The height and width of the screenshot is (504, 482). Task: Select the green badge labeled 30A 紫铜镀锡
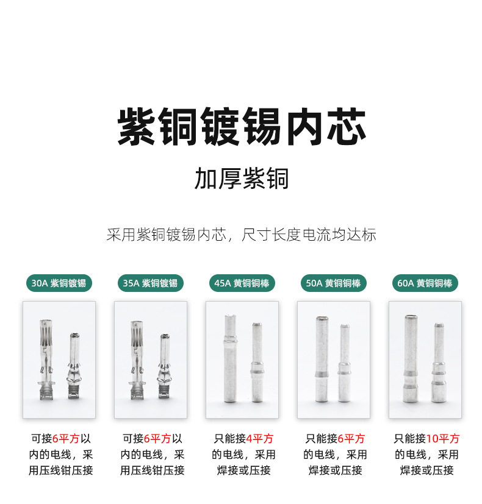pyautogui.click(x=59, y=283)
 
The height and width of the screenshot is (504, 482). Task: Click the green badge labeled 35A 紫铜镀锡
pyautogui.click(x=150, y=283)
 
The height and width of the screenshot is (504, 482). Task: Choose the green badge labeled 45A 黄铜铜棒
pyautogui.click(x=242, y=283)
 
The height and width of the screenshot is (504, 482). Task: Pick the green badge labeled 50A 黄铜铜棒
pyautogui.click(x=333, y=283)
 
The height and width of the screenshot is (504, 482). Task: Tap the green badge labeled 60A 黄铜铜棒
pyautogui.click(x=425, y=283)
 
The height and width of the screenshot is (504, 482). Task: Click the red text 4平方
pyautogui.click(x=260, y=439)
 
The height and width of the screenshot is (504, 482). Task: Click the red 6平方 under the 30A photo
pyautogui.click(x=67, y=439)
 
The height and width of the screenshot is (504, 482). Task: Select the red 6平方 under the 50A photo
pyautogui.click(x=351, y=439)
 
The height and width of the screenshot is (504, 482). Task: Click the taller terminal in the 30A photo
pyautogui.click(x=48, y=360)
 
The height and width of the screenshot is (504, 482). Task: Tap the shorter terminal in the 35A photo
pyautogui.click(x=165, y=366)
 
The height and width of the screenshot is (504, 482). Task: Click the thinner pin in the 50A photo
pyautogui.click(x=345, y=363)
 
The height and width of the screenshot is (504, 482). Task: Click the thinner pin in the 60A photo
pyautogui.click(x=438, y=363)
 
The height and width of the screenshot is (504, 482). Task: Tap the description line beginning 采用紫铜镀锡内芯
pyautogui.click(x=242, y=234)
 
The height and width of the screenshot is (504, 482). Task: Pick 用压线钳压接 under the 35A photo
pyautogui.click(x=152, y=470)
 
